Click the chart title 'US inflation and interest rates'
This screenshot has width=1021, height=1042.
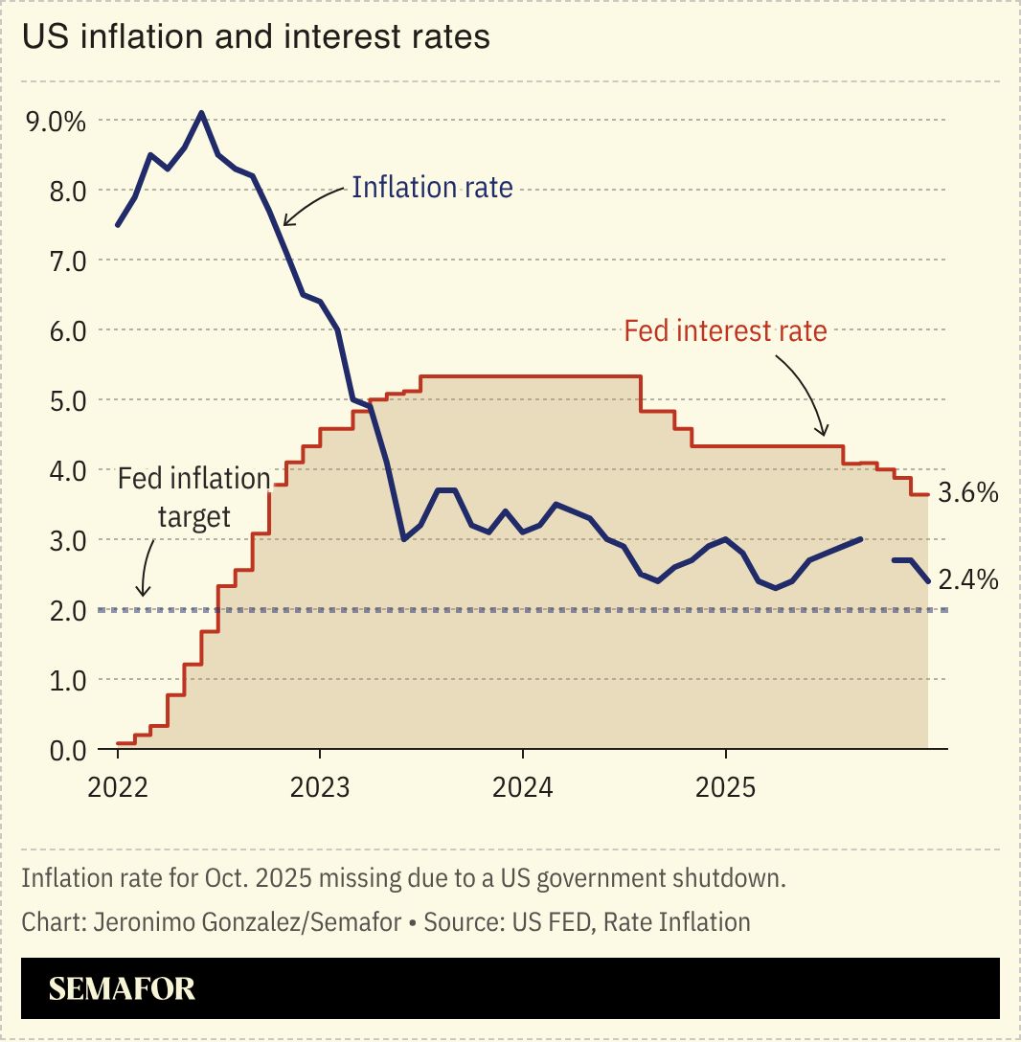pyautogui.click(x=256, y=37)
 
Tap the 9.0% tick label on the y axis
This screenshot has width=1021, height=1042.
pyautogui.click(x=56, y=122)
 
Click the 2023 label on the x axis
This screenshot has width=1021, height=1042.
pyautogui.click(x=320, y=788)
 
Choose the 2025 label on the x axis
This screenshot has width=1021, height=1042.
pyautogui.click(x=725, y=788)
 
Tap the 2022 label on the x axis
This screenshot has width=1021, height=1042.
pyautogui.click(x=117, y=788)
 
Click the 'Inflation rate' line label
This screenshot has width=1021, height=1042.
pyautogui.click(x=432, y=187)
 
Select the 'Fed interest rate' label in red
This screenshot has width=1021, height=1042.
pyautogui.click(x=725, y=331)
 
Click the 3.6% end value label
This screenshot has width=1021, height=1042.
pyautogui.click(x=967, y=494)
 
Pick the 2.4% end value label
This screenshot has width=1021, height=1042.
pyautogui.click(x=967, y=580)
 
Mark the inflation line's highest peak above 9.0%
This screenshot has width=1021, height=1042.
pyautogui.click(x=201, y=113)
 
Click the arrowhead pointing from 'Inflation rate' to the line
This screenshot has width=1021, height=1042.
pyautogui.click(x=285, y=224)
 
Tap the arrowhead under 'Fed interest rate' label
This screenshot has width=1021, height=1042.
pyautogui.click(x=820, y=434)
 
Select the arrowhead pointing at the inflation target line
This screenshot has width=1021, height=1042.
pyautogui.click(x=143, y=595)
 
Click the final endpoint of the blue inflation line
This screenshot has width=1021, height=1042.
pyautogui.click(x=927, y=580)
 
